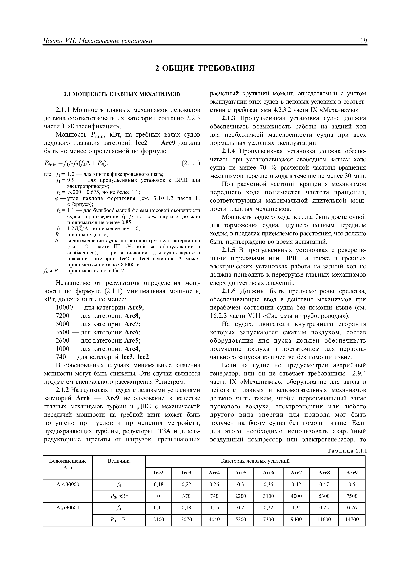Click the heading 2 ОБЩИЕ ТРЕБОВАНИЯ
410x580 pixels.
pyautogui.click(x=205, y=68)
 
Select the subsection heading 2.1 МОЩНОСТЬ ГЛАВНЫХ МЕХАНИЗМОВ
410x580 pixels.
pyautogui.click(x=122, y=94)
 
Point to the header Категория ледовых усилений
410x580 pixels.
pyautogui.click(x=255, y=461)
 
